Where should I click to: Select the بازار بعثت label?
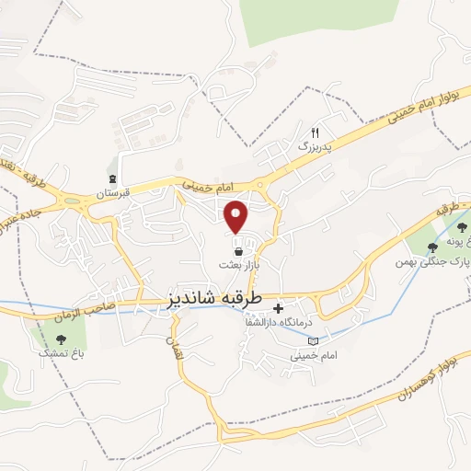tap(239, 264)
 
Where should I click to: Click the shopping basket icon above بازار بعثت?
tap(239, 250)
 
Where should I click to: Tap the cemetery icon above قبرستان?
tap(112, 179)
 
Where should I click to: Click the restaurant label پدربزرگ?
tap(313, 146)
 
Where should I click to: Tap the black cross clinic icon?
tap(279, 307)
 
